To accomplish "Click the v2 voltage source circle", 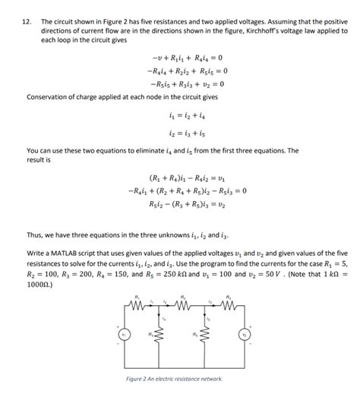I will click(x=243, y=334).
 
